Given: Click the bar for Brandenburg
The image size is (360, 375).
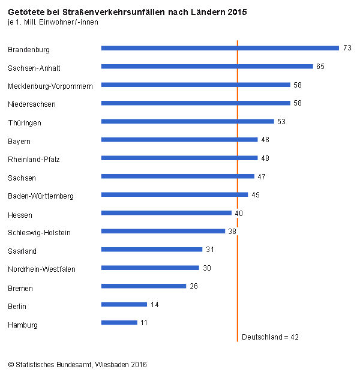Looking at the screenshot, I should tap(220, 48).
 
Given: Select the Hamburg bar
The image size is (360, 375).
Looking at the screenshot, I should tap(119, 323).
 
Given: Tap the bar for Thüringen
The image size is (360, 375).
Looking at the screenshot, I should tap(187, 121).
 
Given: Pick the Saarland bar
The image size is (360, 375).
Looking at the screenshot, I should tap(151, 250).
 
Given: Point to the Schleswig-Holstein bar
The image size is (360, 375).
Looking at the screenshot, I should tap(163, 231).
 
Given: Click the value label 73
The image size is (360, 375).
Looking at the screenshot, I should tap(347, 48).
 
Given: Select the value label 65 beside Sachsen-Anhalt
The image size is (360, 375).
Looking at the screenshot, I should tap(320, 67).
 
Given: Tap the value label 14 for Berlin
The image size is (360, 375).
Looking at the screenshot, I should tap(154, 305).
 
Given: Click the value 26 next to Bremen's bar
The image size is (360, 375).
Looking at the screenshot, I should tap(194, 286).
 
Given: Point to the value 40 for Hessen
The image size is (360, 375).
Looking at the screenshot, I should tap(239, 213).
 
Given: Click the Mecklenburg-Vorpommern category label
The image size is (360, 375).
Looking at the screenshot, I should tap(50, 86).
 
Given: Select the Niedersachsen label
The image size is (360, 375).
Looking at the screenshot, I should tap(32, 104).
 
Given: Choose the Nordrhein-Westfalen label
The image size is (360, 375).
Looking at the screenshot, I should tap(41, 269).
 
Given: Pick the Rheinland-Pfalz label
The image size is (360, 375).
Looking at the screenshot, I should tap(34, 160).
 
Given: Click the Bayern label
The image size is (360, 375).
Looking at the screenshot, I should tap(19, 142).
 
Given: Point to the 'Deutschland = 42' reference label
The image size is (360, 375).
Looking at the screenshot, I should tap(270, 337).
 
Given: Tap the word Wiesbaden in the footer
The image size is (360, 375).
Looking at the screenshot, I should tap(112, 364).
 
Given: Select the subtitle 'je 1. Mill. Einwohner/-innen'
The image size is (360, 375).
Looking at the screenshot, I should tap(53, 22).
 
